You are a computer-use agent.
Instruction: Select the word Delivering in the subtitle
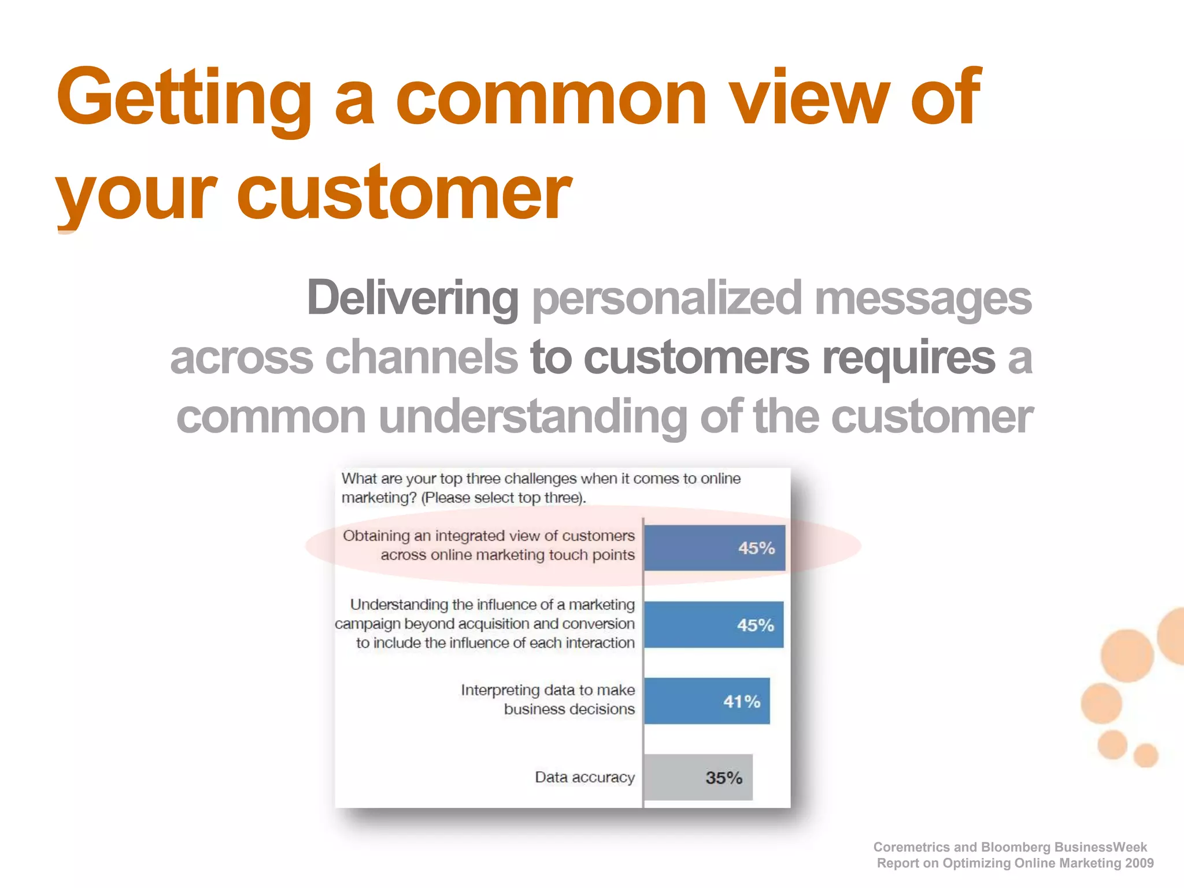412,298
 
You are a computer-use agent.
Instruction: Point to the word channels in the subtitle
421,357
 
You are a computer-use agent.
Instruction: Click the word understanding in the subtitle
532,417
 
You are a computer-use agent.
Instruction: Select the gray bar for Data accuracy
698,778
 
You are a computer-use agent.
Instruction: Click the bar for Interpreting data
706,701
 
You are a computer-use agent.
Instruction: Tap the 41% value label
742,702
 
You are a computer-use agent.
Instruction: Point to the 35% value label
723,778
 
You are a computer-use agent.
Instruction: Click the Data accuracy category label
584,778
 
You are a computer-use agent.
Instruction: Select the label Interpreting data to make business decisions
547,700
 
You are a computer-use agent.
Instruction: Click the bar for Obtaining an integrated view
715,548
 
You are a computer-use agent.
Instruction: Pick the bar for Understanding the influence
713,625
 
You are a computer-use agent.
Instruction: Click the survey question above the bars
541,488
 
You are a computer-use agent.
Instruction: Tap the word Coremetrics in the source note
911,847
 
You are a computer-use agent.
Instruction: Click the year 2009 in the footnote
1139,863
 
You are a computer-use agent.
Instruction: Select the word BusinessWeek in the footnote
1100,847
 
